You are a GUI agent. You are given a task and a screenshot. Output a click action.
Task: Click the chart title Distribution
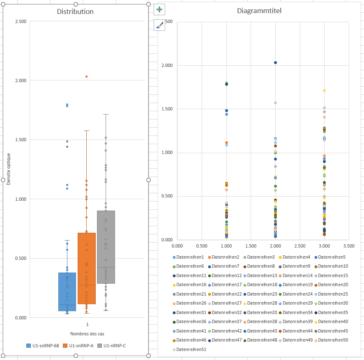(75, 11)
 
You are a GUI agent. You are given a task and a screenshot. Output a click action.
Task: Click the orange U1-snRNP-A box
(87, 267)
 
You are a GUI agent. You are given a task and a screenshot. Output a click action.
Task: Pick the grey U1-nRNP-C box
(106, 246)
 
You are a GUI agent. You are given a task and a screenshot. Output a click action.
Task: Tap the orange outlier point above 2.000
(86, 76)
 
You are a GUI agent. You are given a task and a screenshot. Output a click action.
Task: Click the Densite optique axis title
(9, 169)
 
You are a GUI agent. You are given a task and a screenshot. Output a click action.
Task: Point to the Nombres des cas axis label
(87, 334)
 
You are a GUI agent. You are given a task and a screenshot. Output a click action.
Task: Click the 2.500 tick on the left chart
(20, 21)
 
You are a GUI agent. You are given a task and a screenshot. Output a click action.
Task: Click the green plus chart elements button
(159, 9)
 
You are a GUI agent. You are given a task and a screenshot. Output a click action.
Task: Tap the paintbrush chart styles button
(159, 25)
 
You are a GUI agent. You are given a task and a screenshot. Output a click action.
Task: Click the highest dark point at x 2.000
(275, 63)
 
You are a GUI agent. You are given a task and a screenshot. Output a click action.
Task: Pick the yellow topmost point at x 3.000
(324, 90)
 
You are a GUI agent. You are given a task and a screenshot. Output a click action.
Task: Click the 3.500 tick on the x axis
(349, 246)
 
